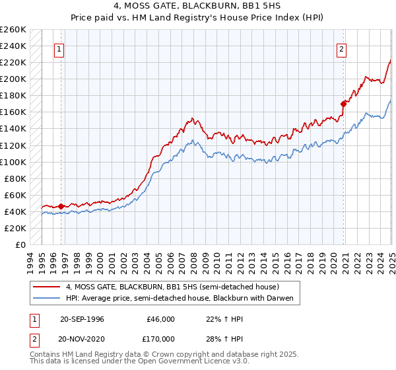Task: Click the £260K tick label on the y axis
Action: click(13, 30)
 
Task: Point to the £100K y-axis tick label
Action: click(13, 162)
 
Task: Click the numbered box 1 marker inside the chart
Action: click(59, 48)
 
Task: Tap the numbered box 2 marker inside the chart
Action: click(342, 48)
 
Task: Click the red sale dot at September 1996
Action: click(61, 207)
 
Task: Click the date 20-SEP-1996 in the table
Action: click(82, 319)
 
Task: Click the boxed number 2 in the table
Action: click(33, 339)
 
